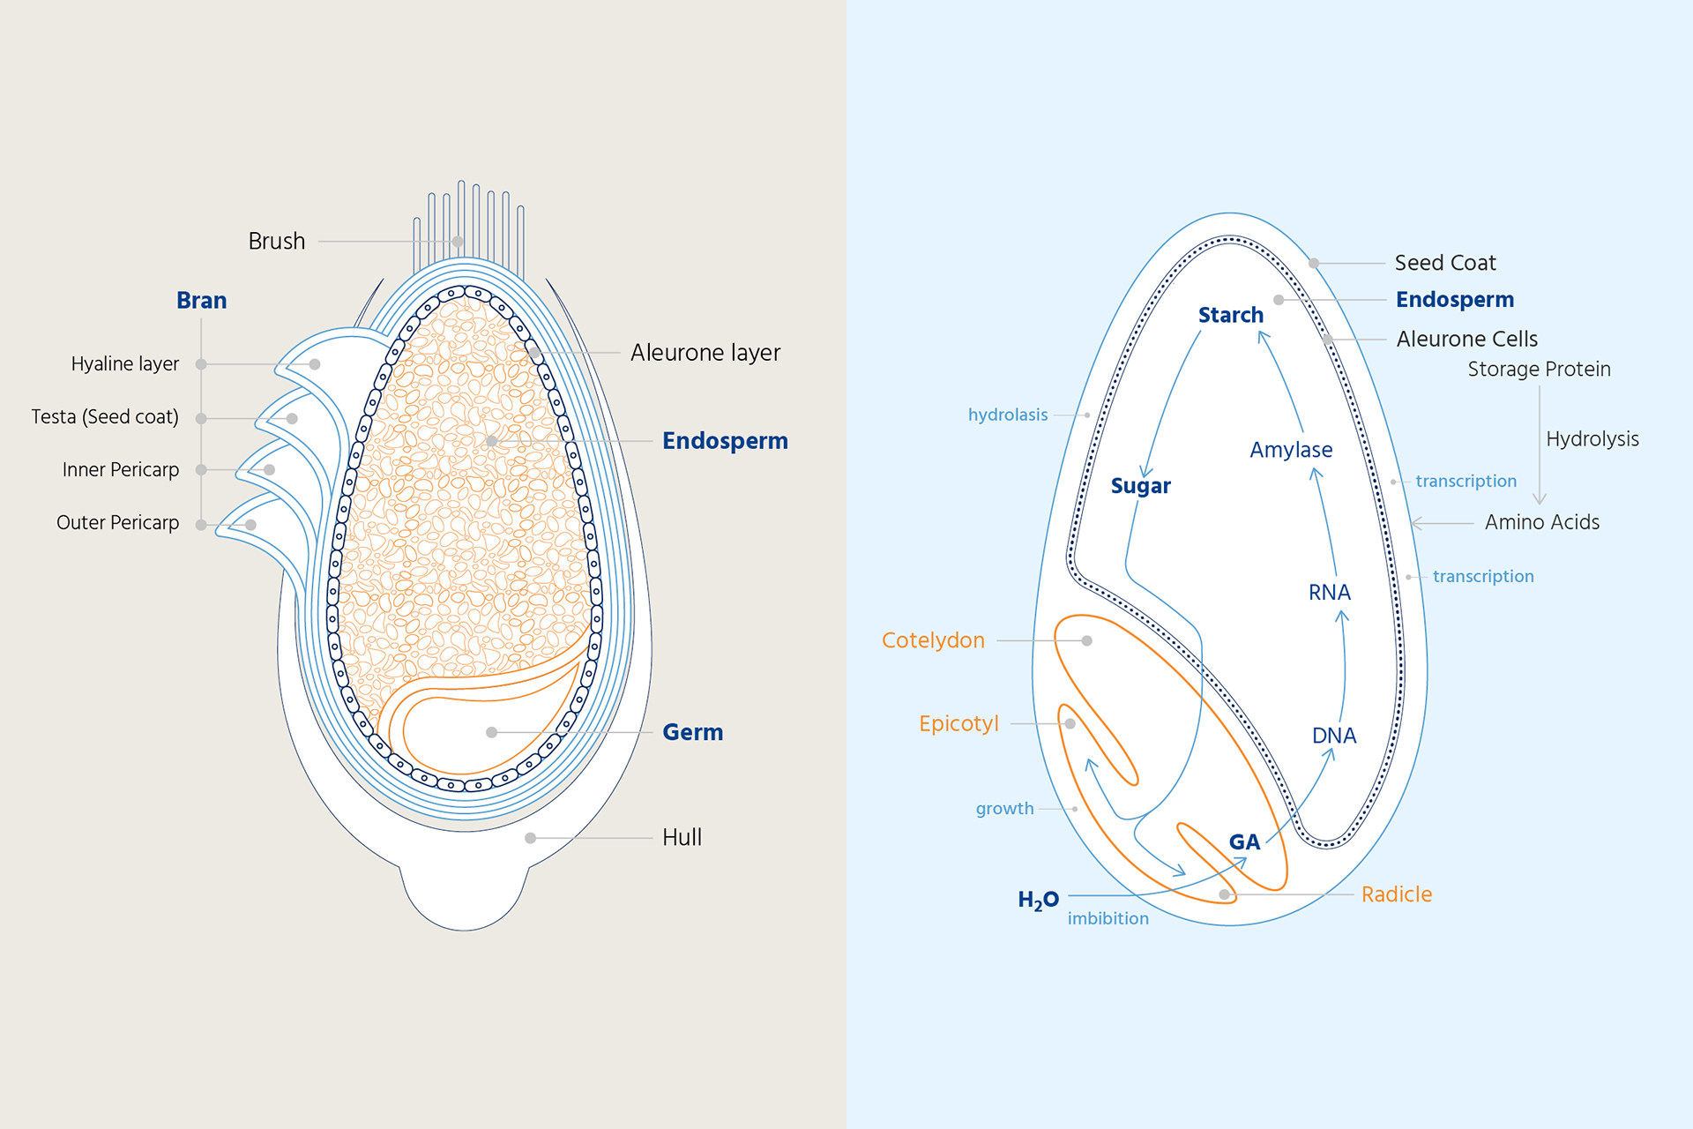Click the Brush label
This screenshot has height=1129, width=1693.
[x=276, y=241]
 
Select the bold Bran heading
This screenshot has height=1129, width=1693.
[x=201, y=301]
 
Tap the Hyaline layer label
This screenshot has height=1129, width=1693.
[x=124, y=363]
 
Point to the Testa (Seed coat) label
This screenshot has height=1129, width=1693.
[x=104, y=416]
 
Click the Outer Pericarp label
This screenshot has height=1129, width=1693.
[x=117, y=522]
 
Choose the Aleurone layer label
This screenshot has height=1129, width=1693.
[x=705, y=353]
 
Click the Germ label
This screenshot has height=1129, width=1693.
[x=692, y=732]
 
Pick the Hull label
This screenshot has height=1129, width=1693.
[x=682, y=837]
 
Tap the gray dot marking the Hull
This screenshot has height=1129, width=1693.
[x=530, y=838]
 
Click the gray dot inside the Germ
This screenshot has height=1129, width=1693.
[x=491, y=732]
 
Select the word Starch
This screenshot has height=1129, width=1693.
[x=1230, y=315]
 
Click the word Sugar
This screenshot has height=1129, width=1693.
[x=1140, y=486]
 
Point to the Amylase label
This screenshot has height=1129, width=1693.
[x=1291, y=450]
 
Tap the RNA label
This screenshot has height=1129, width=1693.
[x=1329, y=593]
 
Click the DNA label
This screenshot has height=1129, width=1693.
[x=1333, y=736]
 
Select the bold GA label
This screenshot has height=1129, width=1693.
[x=1244, y=842]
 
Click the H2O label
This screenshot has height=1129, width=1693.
[x=1038, y=900]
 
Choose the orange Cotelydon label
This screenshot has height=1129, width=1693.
[x=933, y=640]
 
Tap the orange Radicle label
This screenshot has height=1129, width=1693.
[x=1396, y=894]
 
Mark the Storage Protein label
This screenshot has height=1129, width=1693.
[x=1539, y=370]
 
